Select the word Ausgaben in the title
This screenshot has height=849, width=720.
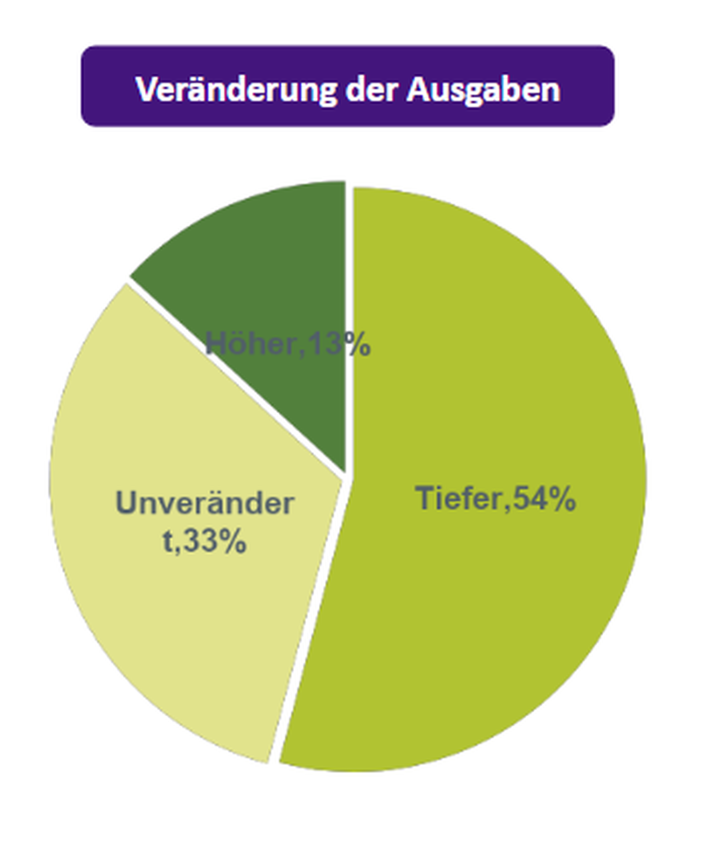click(483, 89)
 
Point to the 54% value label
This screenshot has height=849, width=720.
click(544, 499)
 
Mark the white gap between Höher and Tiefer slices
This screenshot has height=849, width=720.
click(349, 328)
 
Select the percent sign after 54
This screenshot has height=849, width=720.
click(561, 499)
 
